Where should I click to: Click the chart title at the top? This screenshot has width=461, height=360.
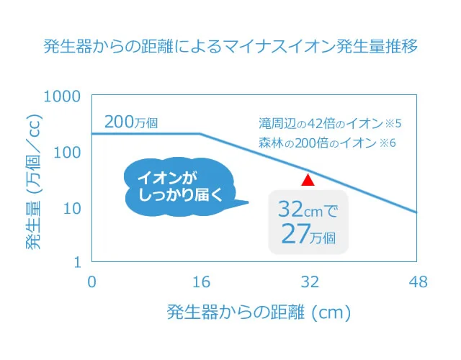(230, 48)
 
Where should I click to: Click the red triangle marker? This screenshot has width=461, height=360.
(308, 180)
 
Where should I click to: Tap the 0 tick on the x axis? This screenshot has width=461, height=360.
(91, 282)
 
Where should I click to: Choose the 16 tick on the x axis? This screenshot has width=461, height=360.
(200, 282)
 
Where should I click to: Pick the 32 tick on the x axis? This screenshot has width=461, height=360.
(309, 282)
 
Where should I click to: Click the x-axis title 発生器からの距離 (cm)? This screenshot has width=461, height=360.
(259, 313)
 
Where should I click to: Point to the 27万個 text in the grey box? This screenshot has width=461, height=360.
(308, 235)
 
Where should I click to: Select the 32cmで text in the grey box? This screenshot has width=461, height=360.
(308, 210)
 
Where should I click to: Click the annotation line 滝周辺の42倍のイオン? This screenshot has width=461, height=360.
(330, 122)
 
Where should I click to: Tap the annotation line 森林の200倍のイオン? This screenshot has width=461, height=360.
(328, 143)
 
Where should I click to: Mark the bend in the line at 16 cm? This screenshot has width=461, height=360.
(200, 134)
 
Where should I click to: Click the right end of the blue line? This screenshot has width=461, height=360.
(416, 212)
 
